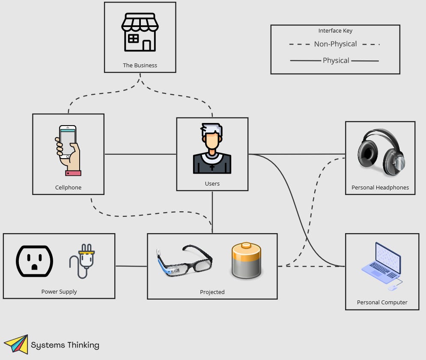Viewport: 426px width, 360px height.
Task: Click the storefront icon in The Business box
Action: point(140,32)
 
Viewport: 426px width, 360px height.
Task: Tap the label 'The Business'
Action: point(140,66)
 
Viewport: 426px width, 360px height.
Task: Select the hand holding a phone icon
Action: point(69,150)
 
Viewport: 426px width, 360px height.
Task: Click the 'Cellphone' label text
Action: point(68,188)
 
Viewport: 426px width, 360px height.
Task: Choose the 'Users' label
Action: point(212,184)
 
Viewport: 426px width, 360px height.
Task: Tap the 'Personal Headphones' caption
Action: point(380,188)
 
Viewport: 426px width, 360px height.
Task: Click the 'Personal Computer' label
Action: point(382,303)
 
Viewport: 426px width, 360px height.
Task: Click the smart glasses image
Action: point(184,261)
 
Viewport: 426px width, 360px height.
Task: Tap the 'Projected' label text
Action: point(212,292)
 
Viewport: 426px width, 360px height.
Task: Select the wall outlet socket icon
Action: point(35,261)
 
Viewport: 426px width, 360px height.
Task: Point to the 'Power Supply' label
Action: point(59,292)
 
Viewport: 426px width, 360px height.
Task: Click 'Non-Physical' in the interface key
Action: point(335,44)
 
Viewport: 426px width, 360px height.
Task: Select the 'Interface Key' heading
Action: point(335,31)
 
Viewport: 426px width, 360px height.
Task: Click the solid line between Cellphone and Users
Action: point(140,154)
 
